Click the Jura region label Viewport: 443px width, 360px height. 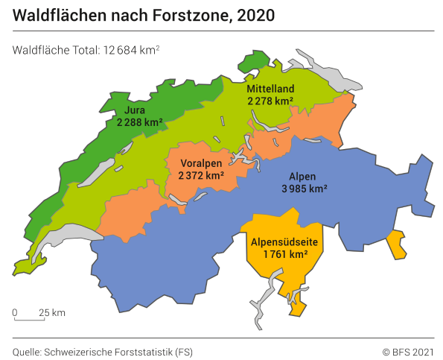point(135,111)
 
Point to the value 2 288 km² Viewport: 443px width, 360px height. point(139,123)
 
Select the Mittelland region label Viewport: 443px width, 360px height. point(270,89)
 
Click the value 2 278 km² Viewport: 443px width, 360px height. point(270,101)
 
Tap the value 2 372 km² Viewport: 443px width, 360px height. point(201,175)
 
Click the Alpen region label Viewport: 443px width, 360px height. point(303,177)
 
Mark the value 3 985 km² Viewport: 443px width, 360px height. point(304,189)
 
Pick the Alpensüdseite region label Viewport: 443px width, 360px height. point(285,241)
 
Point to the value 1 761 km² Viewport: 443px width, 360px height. point(285,254)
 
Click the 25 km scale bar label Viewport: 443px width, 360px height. point(53,312)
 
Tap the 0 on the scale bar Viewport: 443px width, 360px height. point(15,312)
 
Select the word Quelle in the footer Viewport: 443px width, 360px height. point(27,351)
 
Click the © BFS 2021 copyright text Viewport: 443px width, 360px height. point(407,351)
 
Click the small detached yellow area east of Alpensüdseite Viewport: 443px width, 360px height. point(398,244)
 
